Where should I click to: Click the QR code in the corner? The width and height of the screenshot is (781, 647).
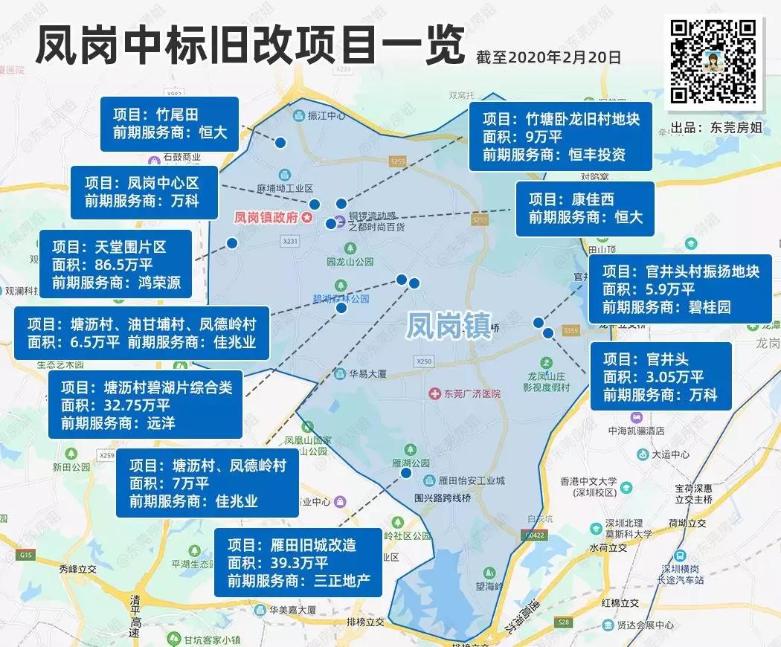click(714, 60)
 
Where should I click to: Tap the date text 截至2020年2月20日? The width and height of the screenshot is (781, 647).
click(551, 57)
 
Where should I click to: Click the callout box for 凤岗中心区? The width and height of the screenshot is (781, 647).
click(146, 192)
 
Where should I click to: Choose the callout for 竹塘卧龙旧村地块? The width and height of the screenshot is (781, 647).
click(561, 137)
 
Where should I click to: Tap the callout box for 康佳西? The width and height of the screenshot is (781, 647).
click(585, 208)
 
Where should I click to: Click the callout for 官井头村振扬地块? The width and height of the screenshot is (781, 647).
click(680, 289)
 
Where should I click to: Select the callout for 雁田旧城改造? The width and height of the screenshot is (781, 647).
click(298, 562)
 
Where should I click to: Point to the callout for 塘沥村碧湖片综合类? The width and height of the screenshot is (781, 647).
click(146, 405)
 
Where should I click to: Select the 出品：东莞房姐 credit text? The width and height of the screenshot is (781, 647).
click(716, 127)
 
